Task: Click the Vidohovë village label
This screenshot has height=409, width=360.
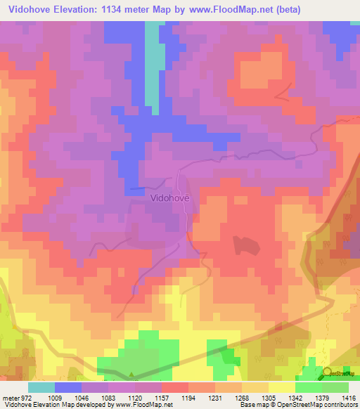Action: [170, 198]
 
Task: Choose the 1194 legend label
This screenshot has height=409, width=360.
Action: [175, 397]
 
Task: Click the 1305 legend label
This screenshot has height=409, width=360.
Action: [255, 397]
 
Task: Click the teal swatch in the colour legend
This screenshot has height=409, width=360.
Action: [41, 387]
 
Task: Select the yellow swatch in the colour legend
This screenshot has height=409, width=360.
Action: [281, 387]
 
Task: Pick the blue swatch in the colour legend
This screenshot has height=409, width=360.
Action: [68, 387]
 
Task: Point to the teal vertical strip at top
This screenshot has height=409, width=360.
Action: [152, 63]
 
